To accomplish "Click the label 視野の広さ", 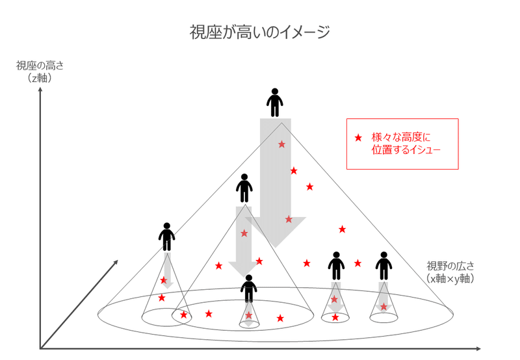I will (x=450, y=266).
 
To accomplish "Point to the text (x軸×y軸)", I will (x=450, y=278).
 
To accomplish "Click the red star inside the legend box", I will (x=357, y=138).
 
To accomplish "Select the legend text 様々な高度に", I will (x=401, y=137).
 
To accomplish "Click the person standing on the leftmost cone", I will (x=167, y=237).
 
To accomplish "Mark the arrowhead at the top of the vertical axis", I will (x=41, y=90).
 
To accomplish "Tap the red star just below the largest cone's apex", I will (x=281, y=144).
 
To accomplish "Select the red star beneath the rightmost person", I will (x=383, y=307).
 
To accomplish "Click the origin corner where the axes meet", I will (x=41, y=348).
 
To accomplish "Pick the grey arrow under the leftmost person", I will (x=167, y=269).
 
